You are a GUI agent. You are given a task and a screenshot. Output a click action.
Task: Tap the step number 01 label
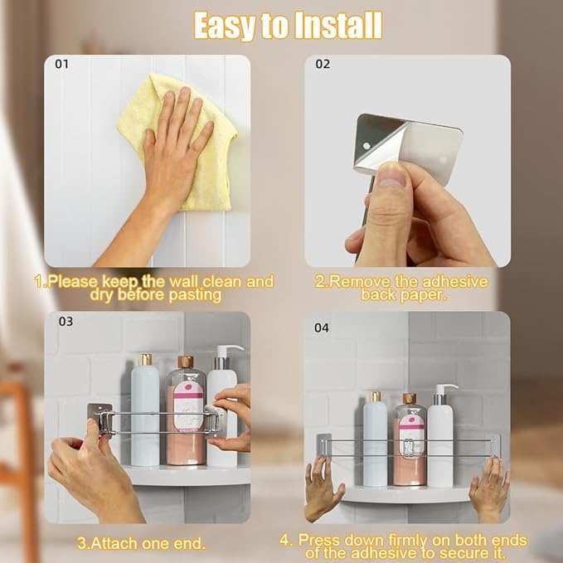click(x=61, y=65)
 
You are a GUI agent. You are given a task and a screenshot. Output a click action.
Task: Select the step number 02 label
click(x=323, y=65)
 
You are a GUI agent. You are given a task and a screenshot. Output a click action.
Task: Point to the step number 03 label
click(x=66, y=322)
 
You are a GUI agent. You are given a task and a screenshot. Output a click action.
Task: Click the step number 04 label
click(x=322, y=328)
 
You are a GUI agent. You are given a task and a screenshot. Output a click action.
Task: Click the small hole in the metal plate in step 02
click(x=366, y=146)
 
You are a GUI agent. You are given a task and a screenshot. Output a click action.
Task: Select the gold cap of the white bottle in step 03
click(x=145, y=359)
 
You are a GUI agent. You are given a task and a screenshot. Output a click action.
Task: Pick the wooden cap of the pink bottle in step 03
click(x=186, y=362)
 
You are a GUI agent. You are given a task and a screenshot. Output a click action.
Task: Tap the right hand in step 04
click(x=490, y=487)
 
